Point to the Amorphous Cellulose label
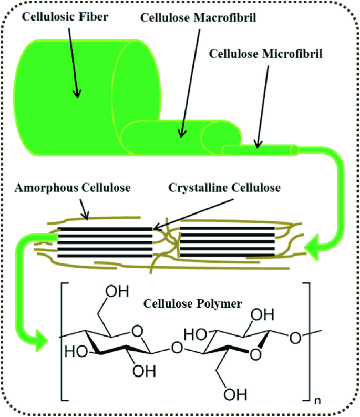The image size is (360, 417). (73, 187)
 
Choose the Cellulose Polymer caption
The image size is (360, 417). (178, 303)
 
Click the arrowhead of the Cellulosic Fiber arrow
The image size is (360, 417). (78, 95)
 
